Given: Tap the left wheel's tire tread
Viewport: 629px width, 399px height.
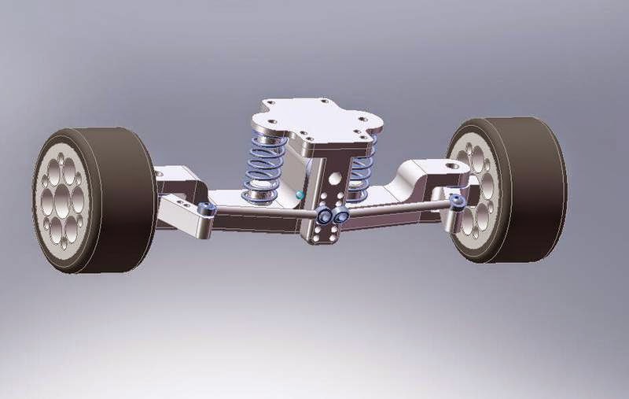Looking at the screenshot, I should point(126,197).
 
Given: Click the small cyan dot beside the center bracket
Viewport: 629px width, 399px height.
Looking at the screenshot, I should point(300,193).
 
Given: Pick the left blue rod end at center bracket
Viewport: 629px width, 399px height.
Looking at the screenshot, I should point(323,215).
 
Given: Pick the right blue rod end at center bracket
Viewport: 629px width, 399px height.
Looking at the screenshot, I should point(341,215).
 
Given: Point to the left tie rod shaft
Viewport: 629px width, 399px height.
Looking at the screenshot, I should point(263,212).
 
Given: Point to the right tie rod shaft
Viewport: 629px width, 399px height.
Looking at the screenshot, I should point(397,209).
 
